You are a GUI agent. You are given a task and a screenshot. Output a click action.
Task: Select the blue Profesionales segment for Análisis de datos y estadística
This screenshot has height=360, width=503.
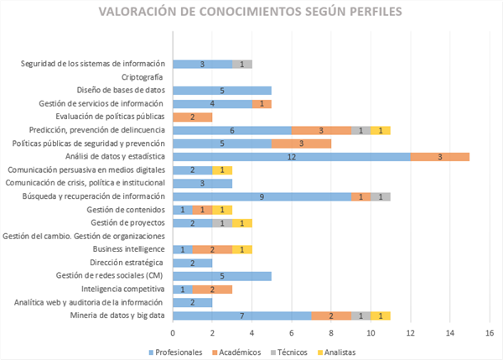pos(291,157)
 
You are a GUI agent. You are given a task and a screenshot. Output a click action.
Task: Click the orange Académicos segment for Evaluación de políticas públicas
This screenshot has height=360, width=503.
pos(192,117)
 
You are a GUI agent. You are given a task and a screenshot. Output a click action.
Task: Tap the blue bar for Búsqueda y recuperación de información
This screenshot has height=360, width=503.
pos(262,196)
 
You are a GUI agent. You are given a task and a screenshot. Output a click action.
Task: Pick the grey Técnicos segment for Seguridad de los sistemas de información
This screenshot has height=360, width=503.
pos(242,64)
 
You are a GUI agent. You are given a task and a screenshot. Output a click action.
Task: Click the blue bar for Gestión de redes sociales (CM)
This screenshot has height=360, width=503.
pos(222,275)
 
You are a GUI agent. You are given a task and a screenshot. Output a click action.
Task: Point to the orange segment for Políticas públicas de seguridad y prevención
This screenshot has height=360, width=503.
pos(301,143)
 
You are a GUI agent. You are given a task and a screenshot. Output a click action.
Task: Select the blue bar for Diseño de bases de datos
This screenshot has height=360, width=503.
pos(222,90)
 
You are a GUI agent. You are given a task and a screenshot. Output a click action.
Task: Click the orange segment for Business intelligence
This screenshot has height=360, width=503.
pos(212,249)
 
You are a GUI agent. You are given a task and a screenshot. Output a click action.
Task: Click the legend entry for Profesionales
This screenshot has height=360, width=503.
pos(178,352)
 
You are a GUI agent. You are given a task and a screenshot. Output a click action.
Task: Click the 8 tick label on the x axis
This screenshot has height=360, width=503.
pos(331,331)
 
